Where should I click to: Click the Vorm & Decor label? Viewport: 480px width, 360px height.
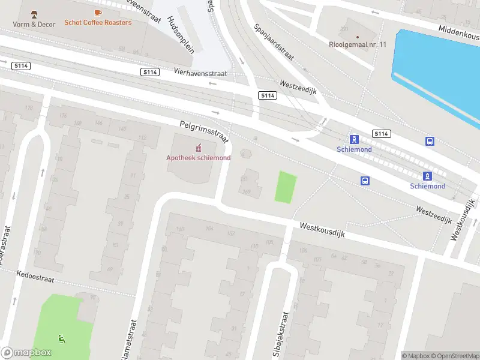click(x=34, y=24)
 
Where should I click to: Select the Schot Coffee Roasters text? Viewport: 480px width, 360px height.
click(x=98, y=22)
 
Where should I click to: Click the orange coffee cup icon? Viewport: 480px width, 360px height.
click(x=98, y=12)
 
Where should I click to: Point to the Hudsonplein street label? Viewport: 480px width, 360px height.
click(x=181, y=35)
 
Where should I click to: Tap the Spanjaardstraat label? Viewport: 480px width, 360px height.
click(x=273, y=42)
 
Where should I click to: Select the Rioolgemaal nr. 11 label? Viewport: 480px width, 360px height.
click(x=358, y=44)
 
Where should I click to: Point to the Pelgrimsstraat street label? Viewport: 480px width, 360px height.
click(x=205, y=132)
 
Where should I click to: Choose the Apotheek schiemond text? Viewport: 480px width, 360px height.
click(x=198, y=158)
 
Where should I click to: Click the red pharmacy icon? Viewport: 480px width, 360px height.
click(x=198, y=148)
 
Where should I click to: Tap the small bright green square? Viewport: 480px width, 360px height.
click(x=286, y=187)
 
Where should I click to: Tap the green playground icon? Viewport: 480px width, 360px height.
click(x=62, y=339)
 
